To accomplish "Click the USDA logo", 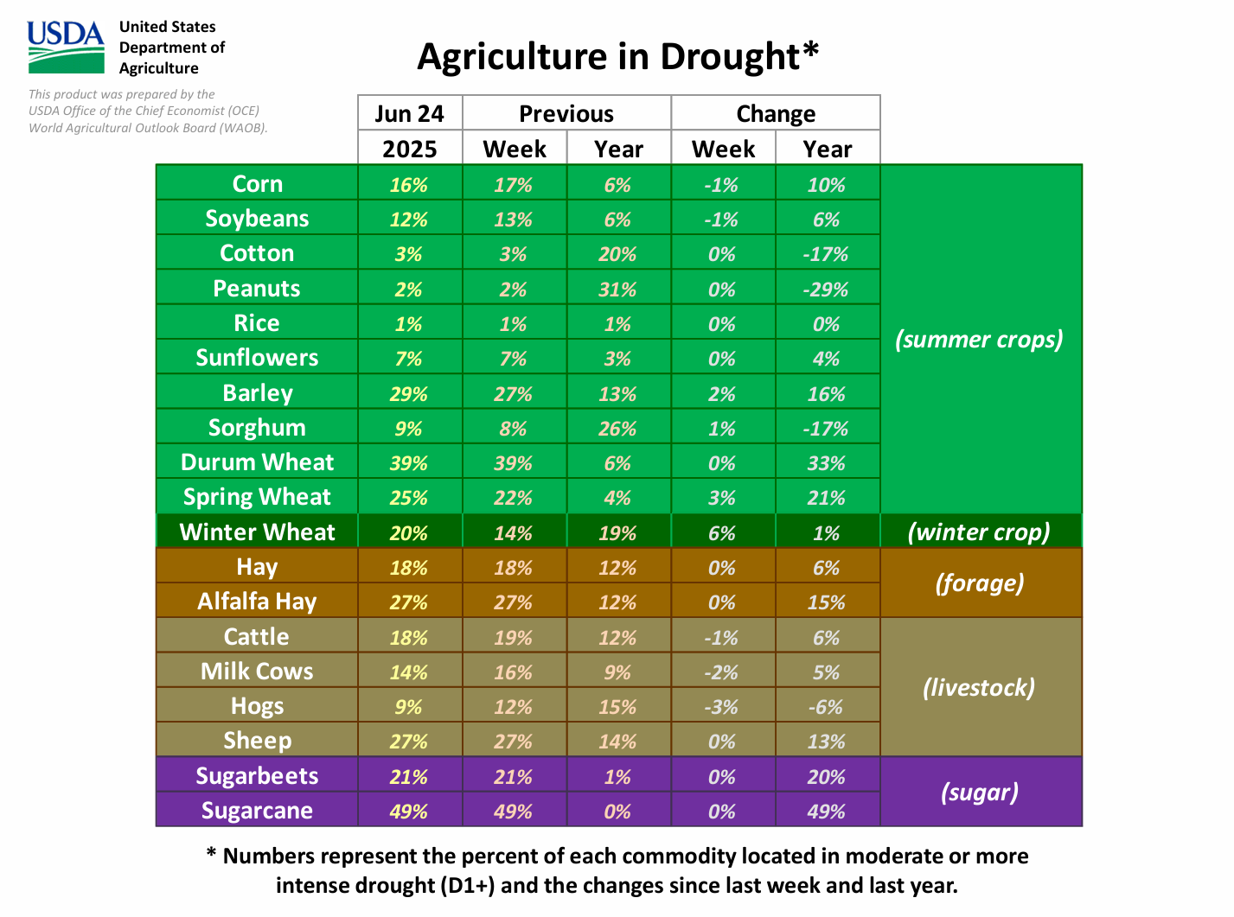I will pos(66,47).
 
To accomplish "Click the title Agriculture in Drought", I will pos(617,57).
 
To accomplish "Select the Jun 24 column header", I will pos(409,114).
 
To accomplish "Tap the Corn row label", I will pos(257,184).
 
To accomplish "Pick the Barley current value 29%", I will pos(408,394).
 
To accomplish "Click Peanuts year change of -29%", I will pos(826,290).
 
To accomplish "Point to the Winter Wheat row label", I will pos(257,532).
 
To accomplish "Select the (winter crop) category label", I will pos(979,532).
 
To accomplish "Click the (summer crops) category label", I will pos(979,340).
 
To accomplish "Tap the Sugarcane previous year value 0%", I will pos(617,812).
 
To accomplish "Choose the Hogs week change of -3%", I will pos(721,707).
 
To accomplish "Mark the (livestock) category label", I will pos(979,688).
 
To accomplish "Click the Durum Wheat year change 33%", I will pos(826,463).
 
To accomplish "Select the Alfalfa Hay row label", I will pos(257,602).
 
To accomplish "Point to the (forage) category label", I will pos(979,583).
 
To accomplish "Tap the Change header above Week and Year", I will pos(776,114).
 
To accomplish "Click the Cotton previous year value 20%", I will pos(617,254).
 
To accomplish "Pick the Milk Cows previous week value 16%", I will pos(513,672).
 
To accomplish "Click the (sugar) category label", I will pos(979,793).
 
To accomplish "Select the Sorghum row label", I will pos(257,428).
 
